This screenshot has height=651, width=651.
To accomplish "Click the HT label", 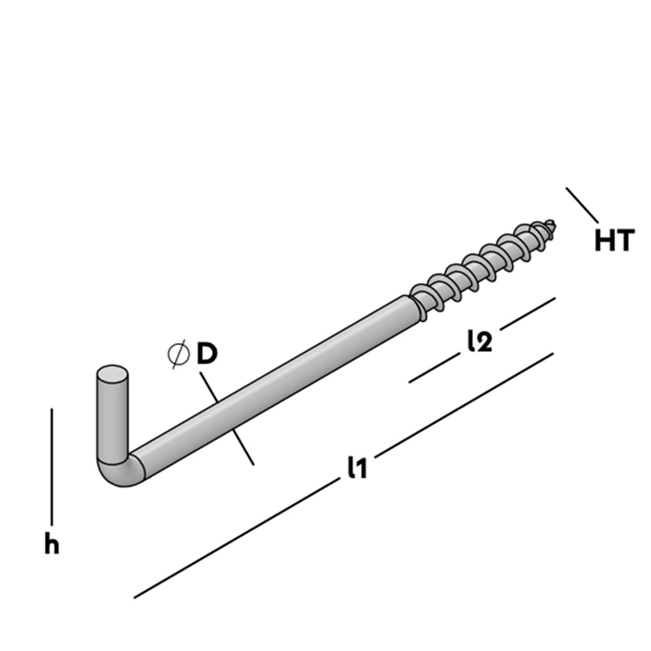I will [x=614, y=241].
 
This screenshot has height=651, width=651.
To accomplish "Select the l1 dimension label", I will [x=356, y=468].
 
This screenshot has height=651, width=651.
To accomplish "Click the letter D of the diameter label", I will [x=206, y=355].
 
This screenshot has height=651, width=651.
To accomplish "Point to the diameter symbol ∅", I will [x=178, y=355].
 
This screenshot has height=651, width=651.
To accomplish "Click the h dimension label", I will [x=52, y=544].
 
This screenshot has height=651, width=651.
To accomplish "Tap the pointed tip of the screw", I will [x=553, y=222].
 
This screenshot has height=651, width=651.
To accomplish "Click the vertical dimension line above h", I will [x=52, y=466].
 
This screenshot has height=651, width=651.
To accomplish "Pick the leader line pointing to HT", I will [x=582, y=205].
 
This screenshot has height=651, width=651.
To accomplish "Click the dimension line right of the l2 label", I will [x=527, y=312].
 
